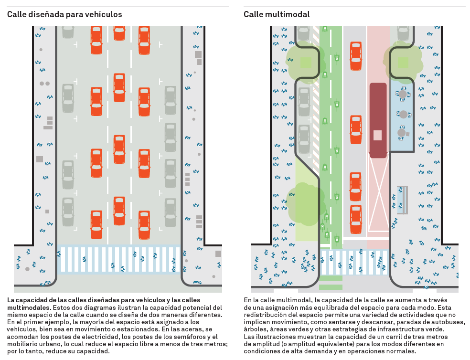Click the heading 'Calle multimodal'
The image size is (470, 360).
point(277,14)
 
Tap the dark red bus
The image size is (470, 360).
point(378,120)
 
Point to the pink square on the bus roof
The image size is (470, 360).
point(378,135)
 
